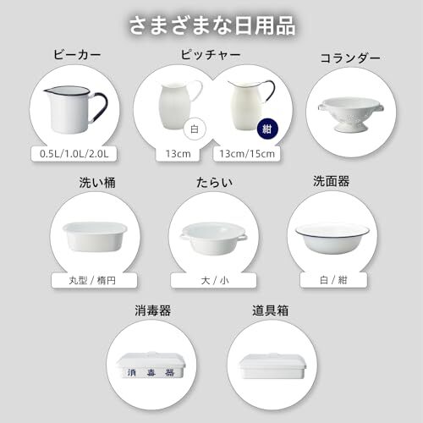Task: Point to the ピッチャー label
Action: (x=211, y=56)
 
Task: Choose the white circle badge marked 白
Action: (x=193, y=130)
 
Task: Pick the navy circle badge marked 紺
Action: (x=266, y=130)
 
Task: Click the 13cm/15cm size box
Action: (x=248, y=154)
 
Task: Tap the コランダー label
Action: (x=349, y=58)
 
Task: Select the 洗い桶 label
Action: (x=93, y=183)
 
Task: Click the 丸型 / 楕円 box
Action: (x=95, y=280)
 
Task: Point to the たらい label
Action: (x=212, y=183)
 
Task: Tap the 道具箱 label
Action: (x=271, y=310)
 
